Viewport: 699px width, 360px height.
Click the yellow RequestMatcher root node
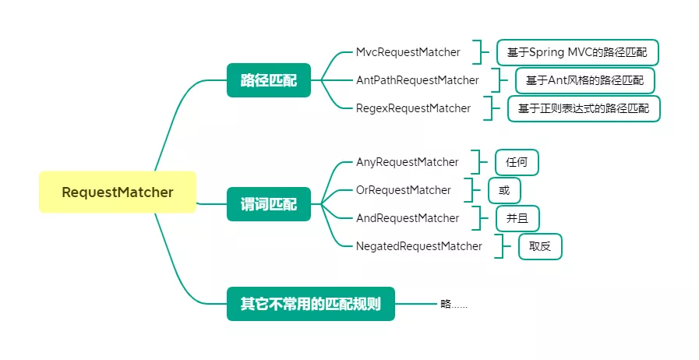[118, 192]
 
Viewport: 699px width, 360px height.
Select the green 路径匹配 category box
[268, 80]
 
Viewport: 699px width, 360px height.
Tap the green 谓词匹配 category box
[268, 204]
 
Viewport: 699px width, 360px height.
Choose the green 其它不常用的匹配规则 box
[310, 304]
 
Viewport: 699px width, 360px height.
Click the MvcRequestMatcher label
[408, 52]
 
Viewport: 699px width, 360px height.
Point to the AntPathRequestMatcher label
[417, 80]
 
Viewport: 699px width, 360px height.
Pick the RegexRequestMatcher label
[413, 108]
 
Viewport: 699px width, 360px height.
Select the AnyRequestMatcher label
[407, 162]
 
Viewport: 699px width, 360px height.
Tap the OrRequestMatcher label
[403, 190]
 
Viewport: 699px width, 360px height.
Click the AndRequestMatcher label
[408, 218]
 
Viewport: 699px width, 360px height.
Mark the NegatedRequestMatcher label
[418, 246]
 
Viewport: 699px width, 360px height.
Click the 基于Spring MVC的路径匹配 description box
[577, 52]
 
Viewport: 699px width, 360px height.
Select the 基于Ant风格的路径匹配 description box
[584, 80]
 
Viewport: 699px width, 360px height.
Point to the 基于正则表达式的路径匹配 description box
[583, 108]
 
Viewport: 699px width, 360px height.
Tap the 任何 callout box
[517, 162]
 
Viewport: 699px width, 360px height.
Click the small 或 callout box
[504, 190]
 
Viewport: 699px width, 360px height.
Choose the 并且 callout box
[517, 218]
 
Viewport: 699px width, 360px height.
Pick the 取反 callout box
[539, 246]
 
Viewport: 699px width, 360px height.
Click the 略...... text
[454, 304]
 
